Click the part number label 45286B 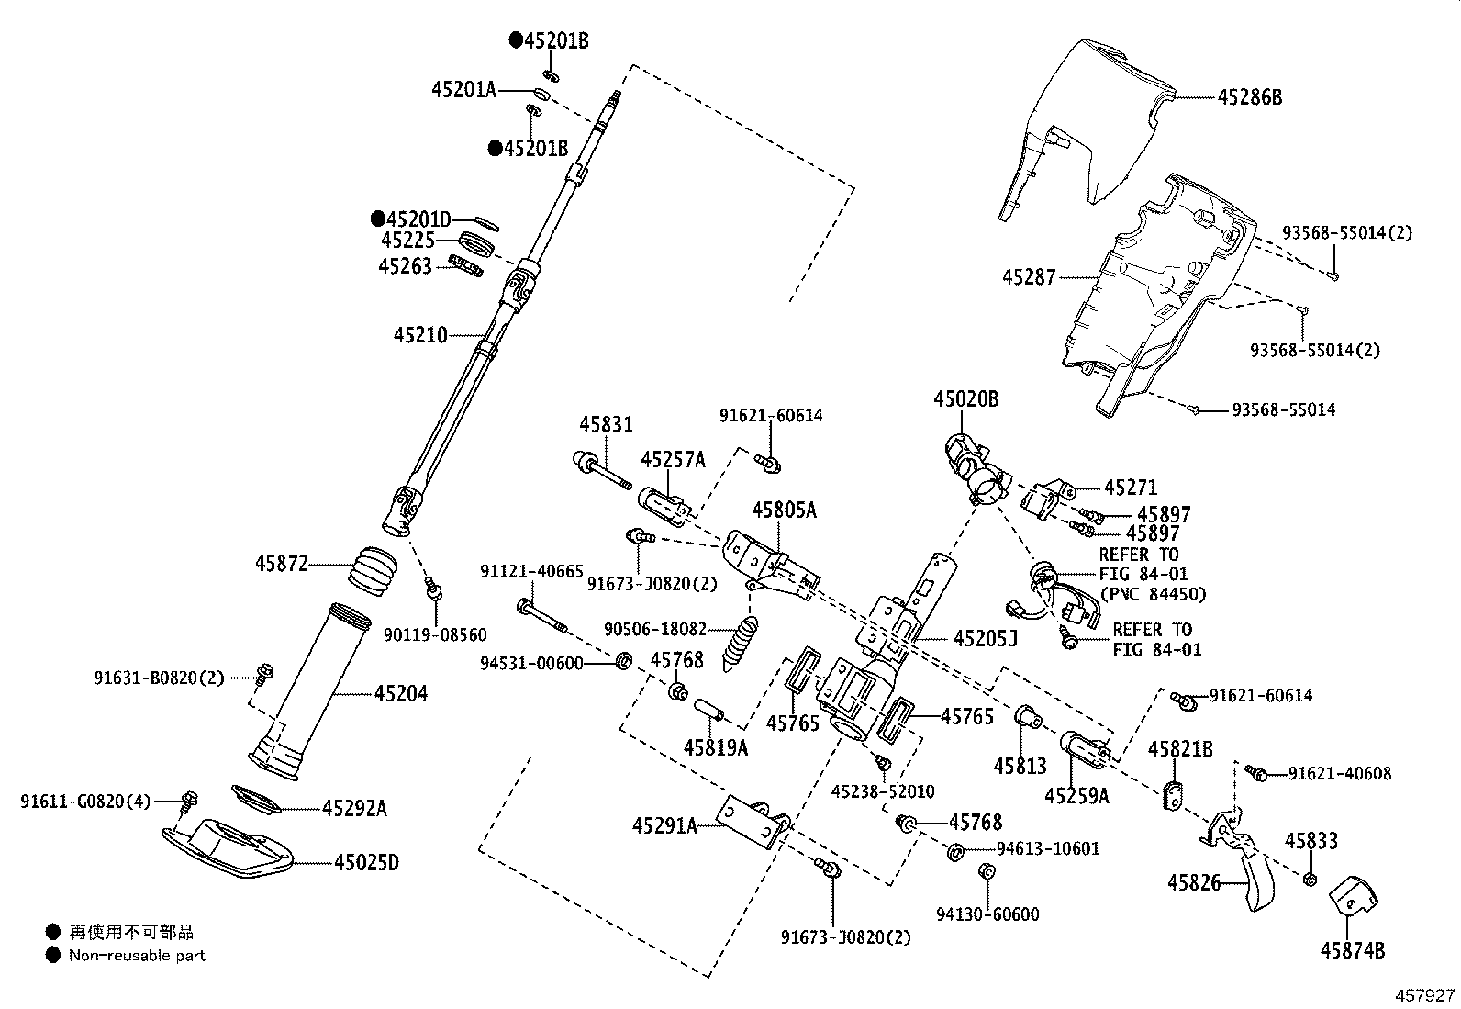(1249, 97)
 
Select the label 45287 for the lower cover (1029, 276)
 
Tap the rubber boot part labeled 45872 (373, 570)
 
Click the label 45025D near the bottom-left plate (366, 863)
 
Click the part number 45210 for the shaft (421, 335)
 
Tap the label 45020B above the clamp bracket (965, 399)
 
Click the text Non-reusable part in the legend (137, 956)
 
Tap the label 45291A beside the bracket (665, 826)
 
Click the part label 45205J (985, 637)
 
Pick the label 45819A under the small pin (716, 748)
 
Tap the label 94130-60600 (987, 914)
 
